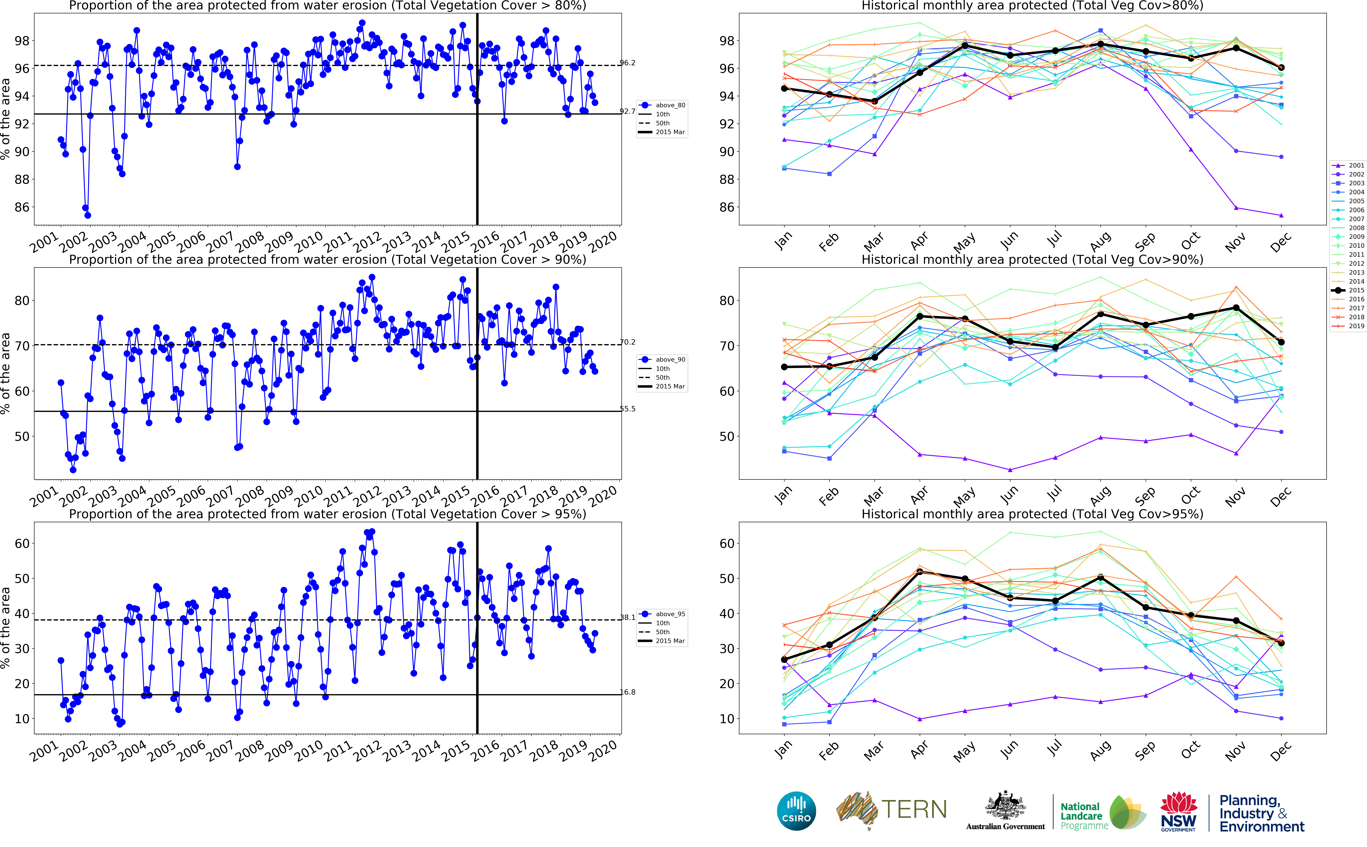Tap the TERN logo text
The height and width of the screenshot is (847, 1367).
(914, 809)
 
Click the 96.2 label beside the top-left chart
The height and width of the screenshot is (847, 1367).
(628, 63)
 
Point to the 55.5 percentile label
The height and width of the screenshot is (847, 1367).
(628, 409)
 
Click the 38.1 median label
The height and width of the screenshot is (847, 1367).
(628, 617)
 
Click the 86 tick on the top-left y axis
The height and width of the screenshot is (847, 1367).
(21, 207)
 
